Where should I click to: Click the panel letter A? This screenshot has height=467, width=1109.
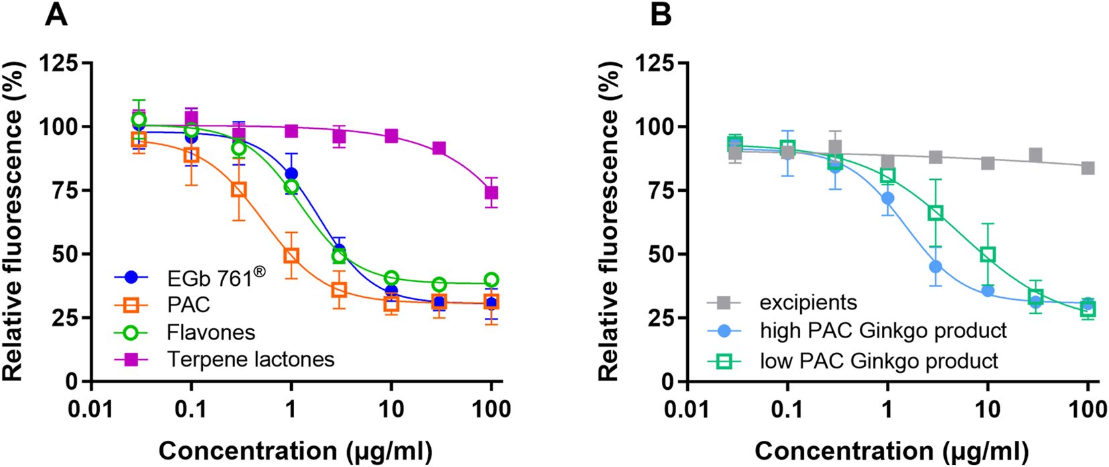(x=56, y=14)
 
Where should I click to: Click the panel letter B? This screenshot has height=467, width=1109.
(x=661, y=14)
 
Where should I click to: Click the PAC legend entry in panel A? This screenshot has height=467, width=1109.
(x=188, y=305)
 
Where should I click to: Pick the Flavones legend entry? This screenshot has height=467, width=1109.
(x=210, y=332)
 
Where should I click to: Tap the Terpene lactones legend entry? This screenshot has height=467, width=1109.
(x=250, y=360)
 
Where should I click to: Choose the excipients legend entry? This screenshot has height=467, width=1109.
(x=807, y=303)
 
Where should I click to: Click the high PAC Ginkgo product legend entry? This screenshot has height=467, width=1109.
(x=883, y=331)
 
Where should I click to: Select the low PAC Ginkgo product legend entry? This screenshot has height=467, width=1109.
(x=878, y=361)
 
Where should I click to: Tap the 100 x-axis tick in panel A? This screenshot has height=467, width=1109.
(x=492, y=409)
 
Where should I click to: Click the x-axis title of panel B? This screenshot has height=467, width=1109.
(x=891, y=451)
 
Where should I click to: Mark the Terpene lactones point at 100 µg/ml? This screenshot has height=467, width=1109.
(x=492, y=193)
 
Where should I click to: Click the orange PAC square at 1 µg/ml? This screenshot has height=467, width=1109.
(x=291, y=256)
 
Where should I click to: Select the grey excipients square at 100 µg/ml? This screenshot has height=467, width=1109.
(x=1088, y=168)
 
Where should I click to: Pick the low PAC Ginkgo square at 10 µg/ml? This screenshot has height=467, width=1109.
(x=987, y=255)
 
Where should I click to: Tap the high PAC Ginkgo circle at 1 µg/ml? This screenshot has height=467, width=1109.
(x=887, y=198)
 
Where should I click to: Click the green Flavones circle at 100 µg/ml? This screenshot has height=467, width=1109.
(x=492, y=280)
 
